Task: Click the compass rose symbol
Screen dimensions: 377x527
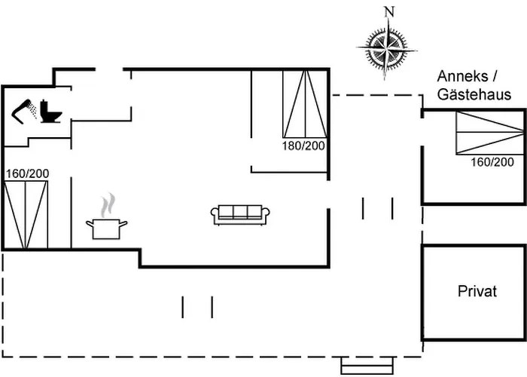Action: (x=387, y=48)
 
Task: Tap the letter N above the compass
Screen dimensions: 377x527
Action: (x=388, y=11)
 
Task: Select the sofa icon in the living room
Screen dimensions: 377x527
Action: (x=238, y=215)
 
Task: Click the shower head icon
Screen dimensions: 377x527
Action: (x=26, y=109)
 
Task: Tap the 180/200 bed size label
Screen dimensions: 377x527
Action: (x=303, y=146)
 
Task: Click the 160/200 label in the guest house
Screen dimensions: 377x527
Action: (x=492, y=161)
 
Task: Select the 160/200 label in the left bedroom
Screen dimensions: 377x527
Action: (x=27, y=173)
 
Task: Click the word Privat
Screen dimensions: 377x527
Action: (x=477, y=292)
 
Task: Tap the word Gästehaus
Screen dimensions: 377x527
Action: (x=474, y=95)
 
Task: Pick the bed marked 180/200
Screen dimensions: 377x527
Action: (x=306, y=103)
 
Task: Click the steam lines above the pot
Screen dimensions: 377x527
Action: (x=109, y=204)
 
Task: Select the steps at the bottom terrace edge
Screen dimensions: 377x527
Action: (x=367, y=364)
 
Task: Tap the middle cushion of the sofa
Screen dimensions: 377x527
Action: (x=238, y=212)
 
